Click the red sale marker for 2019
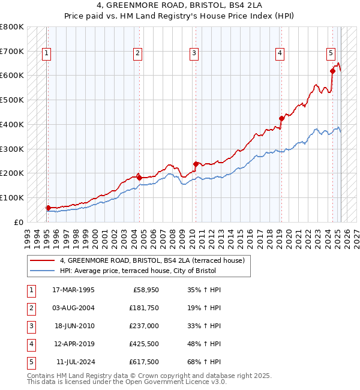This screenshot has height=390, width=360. [x=281, y=118]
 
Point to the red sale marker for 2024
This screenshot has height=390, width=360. [x=332, y=71]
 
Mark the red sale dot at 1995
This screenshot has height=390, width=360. [x=48, y=208]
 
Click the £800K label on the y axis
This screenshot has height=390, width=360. [x=11, y=27]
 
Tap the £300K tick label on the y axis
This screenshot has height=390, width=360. [x=11, y=149]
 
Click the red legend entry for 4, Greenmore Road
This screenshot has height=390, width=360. [x=152, y=261]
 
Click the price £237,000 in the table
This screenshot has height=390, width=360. [x=144, y=326]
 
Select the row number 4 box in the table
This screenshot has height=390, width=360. [x=30, y=344]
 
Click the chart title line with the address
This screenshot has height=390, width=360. [x=179, y=5]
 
